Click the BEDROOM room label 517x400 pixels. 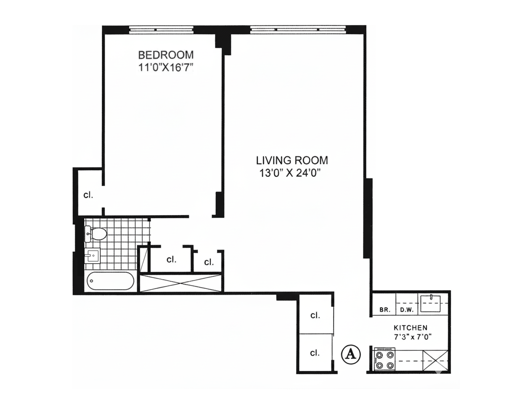tap(165, 55)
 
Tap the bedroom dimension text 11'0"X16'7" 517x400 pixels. tap(165, 68)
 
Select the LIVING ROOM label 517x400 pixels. tap(292, 160)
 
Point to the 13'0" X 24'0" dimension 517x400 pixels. tap(289, 173)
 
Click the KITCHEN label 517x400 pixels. tap(410, 328)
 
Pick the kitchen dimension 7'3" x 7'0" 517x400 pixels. tap(413, 337)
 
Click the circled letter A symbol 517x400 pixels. tap(350, 354)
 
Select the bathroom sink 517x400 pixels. tap(92, 256)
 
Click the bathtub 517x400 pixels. tap(110, 282)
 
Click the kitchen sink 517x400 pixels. tap(430, 304)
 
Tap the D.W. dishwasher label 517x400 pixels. tap(407, 310)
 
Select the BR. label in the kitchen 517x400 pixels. tap(385, 310)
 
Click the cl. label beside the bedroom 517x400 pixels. tap(88, 195)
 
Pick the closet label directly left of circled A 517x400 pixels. tap(315, 353)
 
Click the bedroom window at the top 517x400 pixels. tap(161, 29)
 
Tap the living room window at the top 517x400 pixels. tap(298, 29)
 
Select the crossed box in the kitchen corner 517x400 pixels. tap(436, 360)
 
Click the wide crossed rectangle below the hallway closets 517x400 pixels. tap(181, 283)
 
